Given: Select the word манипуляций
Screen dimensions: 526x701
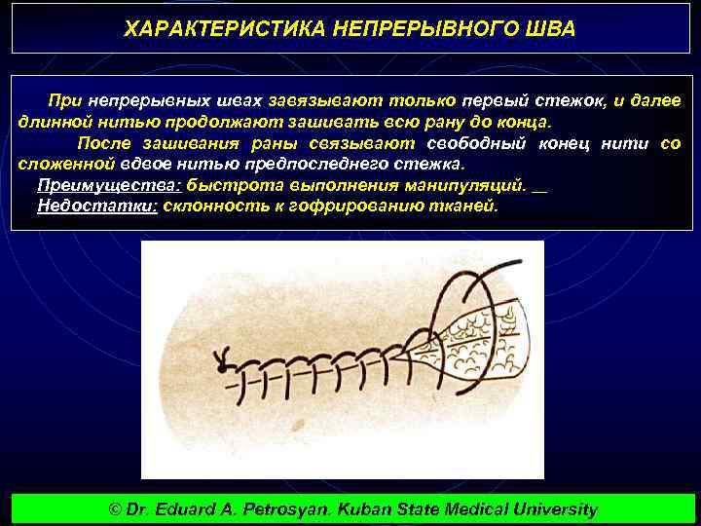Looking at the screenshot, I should (464, 185).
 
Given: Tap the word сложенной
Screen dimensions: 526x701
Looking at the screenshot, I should (61, 164).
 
